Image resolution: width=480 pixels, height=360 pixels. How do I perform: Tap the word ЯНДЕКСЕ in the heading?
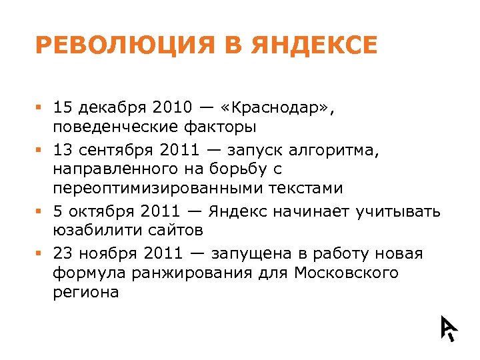[x=315, y=45]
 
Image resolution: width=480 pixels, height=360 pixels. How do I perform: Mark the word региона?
[x=85, y=291]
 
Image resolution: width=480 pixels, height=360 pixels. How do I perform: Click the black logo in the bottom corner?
[x=448, y=327]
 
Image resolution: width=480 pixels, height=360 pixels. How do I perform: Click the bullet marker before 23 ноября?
[x=39, y=254]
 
